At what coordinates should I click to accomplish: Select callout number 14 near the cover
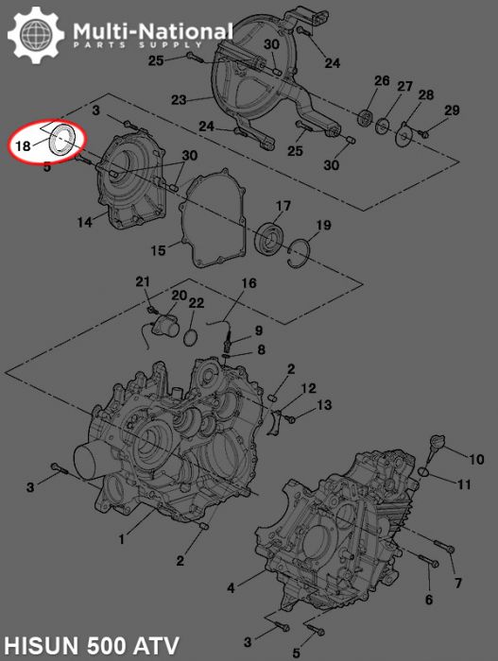pyautogui.click(x=85, y=223)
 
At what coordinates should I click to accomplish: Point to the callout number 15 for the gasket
pyautogui.click(x=159, y=249)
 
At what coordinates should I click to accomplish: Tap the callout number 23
pyautogui.click(x=179, y=98)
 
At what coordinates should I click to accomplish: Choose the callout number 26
pyautogui.click(x=381, y=81)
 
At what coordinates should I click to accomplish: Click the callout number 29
pyautogui.click(x=452, y=111)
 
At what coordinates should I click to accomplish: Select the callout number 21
pyautogui.click(x=143, y=281)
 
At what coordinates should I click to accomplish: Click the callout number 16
pyautogui.click(x=249, y=283)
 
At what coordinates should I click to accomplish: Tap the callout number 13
pyautogui.click(x=323, y=405)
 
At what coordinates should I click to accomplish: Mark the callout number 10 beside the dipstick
pyautogui.click(x=476, y=459)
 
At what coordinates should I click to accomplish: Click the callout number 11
pyautogui.click(x=463, y=485)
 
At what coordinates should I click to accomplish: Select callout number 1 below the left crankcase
pyautogui.click(x=121, y=539)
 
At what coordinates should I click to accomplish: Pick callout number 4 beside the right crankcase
pyautogui.click(x=232, y=587)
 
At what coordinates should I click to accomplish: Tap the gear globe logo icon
pyautogui.click(x=36, y=36)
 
